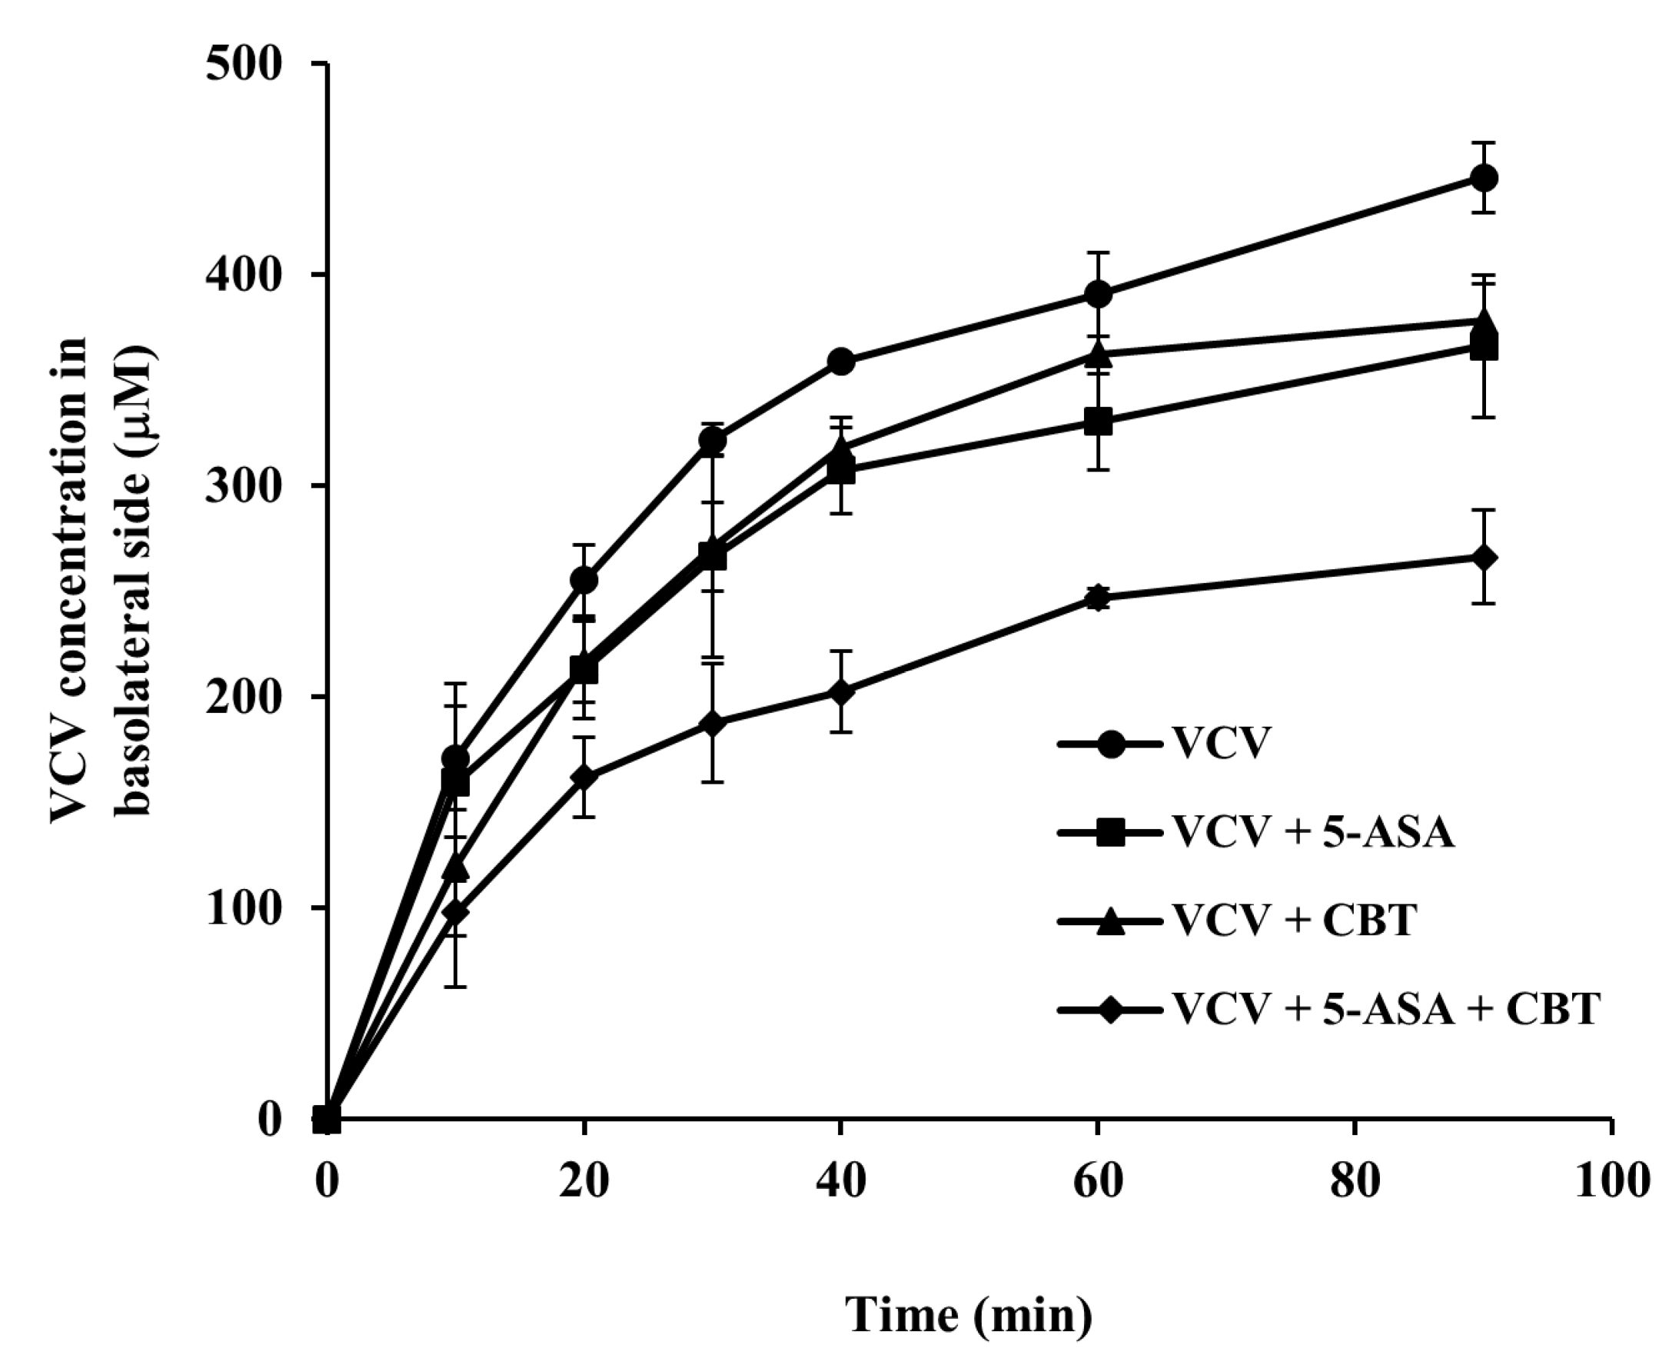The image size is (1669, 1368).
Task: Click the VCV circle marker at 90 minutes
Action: pyautogui.click(x=1483, y=178)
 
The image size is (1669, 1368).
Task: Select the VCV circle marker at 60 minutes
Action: pyautogui.click(x=1098, y=295)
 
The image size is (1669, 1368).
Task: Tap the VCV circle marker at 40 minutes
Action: pyautogui.click(x=840, y=361)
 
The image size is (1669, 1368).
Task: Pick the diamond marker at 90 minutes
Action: pyautogui.click(x=1483, y=558)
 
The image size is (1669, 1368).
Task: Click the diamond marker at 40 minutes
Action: pyautogui.click(x=840, y=692)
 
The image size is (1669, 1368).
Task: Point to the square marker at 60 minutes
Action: pyautogui.click(x=1098, y=421)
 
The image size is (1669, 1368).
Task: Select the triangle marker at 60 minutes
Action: pyautogui.click(x=1098, y=355)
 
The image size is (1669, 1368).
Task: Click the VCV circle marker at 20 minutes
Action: pyautogui.click(x=583, y=581)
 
